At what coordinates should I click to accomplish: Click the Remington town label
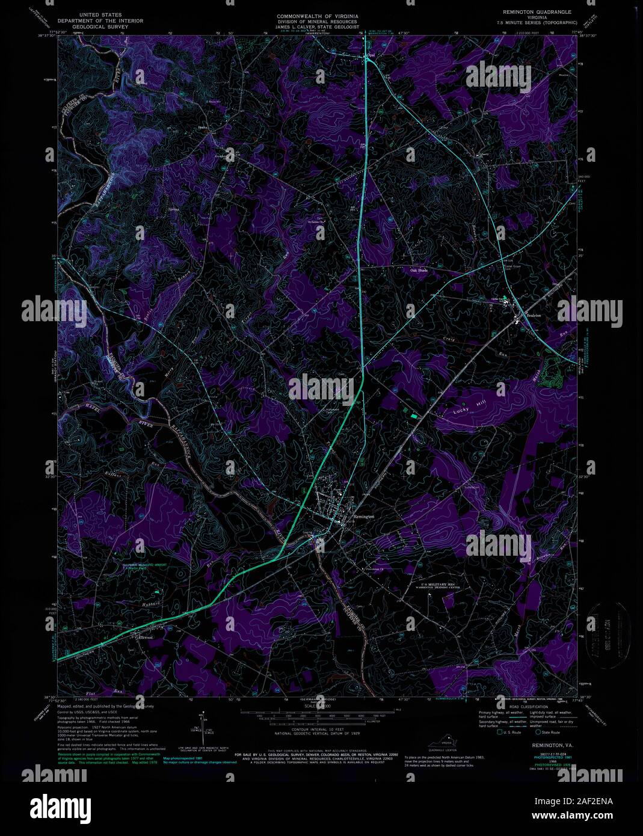tap(365, 517)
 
